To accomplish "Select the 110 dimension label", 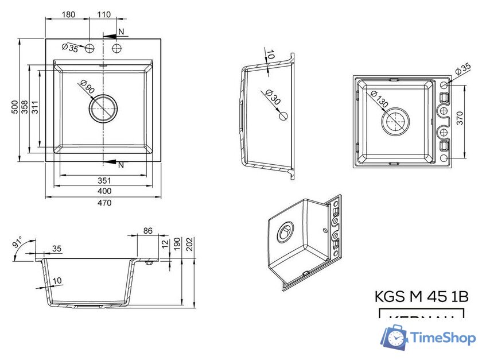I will (104, 13).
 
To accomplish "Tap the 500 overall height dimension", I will (14, 107).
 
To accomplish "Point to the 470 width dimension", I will (103, 202).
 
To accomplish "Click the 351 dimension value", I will (103, 180).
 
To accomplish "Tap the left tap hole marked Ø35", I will (90, 48).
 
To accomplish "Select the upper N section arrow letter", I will (121, 30).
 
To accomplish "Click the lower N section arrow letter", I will (120, 165).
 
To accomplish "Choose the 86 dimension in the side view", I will (147, 231).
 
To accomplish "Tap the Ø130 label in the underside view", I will (379, 101).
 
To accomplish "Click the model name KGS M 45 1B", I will (421, 296).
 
